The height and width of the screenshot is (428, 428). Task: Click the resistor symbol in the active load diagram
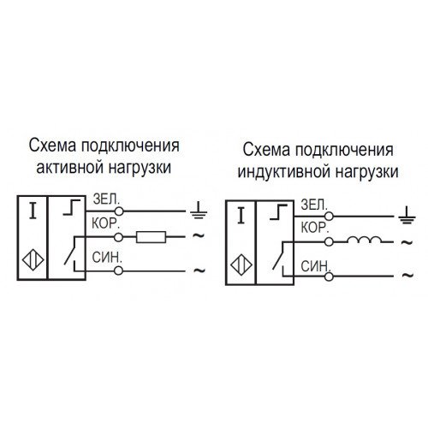(151, 237)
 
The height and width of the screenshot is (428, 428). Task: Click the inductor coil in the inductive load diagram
(364, 240)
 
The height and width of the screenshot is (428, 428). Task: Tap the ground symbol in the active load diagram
(199, 211)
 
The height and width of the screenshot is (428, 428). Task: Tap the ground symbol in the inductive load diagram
(407, 216)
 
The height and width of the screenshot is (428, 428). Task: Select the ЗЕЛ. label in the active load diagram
(105, 199)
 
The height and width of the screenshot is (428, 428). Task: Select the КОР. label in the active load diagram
(105, 223)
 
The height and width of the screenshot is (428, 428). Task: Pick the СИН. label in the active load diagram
(107, 258)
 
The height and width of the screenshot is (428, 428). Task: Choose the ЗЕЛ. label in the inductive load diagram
(314, 205)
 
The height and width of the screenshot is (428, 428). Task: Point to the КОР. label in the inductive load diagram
(314, 228)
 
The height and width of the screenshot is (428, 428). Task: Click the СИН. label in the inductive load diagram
(316, 266)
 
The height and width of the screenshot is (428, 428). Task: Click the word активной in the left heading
(69, 167)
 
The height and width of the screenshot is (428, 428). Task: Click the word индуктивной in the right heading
(284, 172)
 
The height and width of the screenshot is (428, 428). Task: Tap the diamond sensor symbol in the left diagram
(33, 260)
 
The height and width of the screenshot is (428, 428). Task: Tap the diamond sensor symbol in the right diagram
(241, 265)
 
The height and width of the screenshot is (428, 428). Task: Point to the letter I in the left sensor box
(33, 211)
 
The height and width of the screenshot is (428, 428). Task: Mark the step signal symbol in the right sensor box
(278, 212)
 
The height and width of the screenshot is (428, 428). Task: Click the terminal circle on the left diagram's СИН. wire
(118, 270)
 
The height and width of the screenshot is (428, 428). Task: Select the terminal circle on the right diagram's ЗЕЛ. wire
(329, 217)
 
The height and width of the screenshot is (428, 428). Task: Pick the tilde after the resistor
(199, 235)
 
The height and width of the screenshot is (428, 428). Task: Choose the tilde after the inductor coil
(407, 242)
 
